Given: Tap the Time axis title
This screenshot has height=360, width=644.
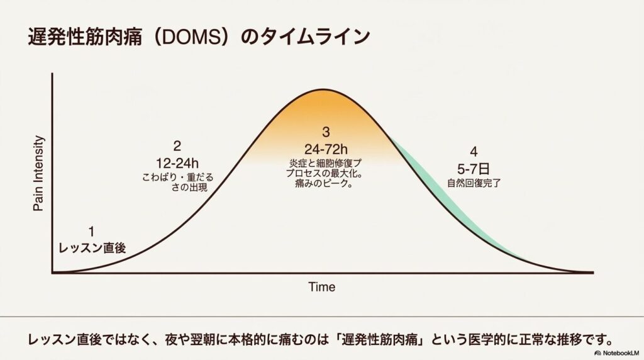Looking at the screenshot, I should click(321, 287).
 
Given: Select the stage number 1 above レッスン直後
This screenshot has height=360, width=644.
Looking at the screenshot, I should click(92, 232).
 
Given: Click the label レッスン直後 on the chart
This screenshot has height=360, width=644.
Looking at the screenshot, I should click(92, 248).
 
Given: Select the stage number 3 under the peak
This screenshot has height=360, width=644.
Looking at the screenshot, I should click(326, 133).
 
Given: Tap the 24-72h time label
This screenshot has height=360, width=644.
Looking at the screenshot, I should click(326, 149).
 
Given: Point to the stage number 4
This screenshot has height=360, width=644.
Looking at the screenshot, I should click(473, 152).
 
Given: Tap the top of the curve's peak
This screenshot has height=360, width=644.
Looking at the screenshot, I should click(326, 89).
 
